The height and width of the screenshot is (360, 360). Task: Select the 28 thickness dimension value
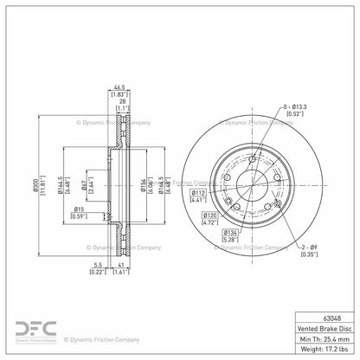point(120,100)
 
